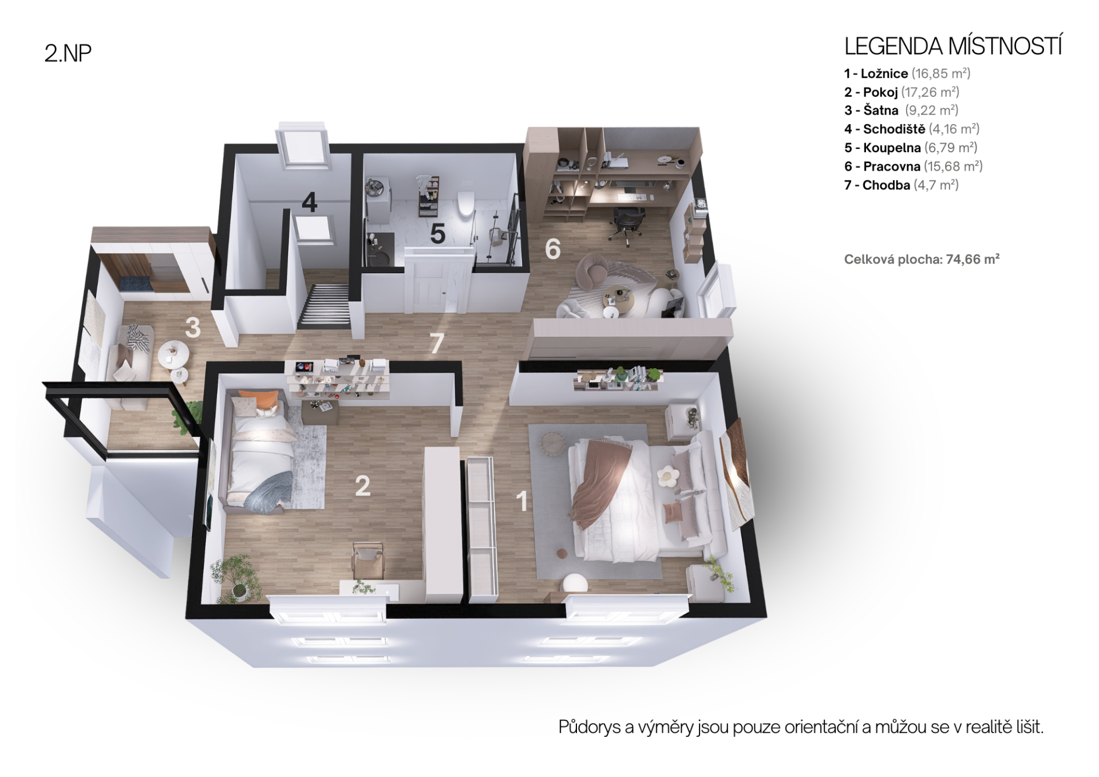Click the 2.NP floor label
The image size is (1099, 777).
pos(68,53)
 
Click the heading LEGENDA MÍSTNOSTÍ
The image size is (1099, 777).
pos(953,47)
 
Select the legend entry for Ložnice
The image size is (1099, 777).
pos(907,73)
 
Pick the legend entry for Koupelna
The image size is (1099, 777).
pos(911,148)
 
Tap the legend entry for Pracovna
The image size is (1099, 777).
pos(914,167)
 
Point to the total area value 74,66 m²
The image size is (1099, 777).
pos(973,259)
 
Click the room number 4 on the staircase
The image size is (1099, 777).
pos(309,202)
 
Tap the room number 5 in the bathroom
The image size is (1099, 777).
pos(437,234)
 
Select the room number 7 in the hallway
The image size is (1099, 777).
pos(437,344)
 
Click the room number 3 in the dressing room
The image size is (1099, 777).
pos(192,328)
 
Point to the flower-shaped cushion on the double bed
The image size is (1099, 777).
pos(666,476)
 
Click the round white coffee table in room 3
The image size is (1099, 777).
pos(173,353)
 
